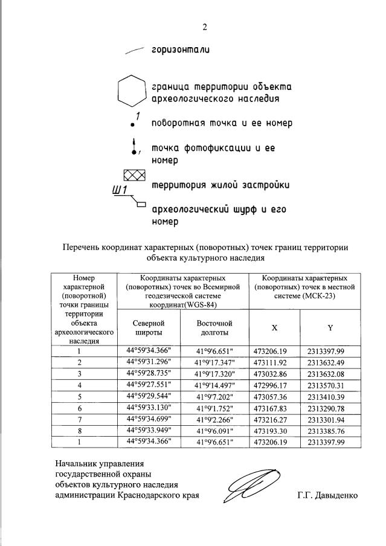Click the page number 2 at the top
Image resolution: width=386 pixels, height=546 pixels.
click(x=204, y=27)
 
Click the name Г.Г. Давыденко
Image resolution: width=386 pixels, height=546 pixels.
click(x=327, y=495)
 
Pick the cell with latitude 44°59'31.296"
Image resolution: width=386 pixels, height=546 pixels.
click(x=149, y=362)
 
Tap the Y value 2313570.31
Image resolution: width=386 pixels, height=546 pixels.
click(x=330, y=385)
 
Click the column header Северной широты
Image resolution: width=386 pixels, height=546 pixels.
click(x=149, y=328)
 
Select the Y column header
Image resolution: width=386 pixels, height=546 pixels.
click(x=330, y=328)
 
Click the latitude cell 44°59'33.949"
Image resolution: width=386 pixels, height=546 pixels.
click(x=149, y=431)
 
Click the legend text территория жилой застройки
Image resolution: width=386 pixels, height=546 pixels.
click(x=219, y=184)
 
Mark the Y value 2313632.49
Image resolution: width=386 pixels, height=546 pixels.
click(x=330, y=362)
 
